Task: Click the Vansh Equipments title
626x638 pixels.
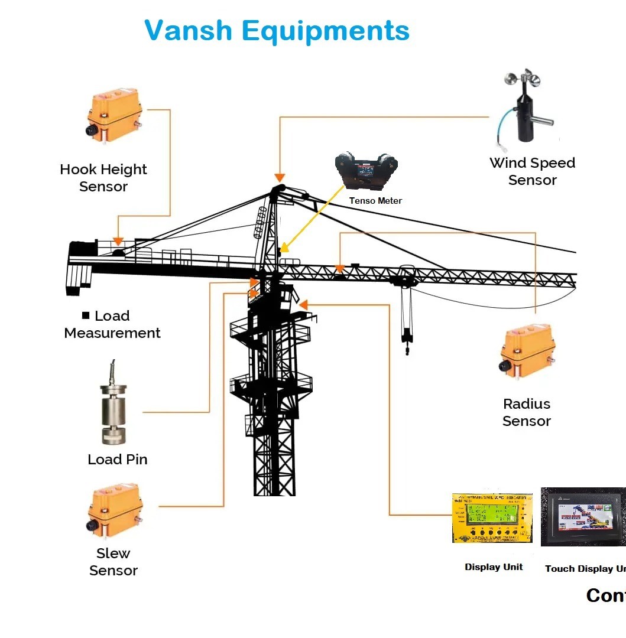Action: (277, 30)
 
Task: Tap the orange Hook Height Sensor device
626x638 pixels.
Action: (116, 115)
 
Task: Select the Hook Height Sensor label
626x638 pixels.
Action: (103, 178)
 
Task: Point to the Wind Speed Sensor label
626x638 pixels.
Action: (532, 171)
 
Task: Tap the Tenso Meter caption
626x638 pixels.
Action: (375, 201)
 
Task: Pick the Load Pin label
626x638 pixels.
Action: (118, 460)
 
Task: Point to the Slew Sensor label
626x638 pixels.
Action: (113, 562)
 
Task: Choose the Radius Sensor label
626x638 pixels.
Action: (527, 412)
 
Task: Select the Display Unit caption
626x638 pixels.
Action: (494, 567)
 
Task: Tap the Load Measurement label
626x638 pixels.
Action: (112, 324)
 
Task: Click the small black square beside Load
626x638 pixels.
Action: (86, 315)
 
